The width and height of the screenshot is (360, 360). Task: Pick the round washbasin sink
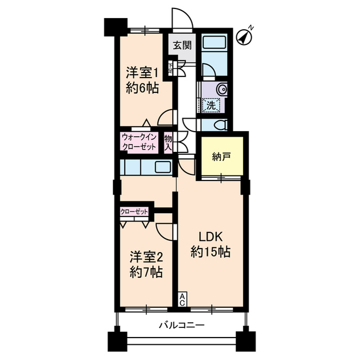220,89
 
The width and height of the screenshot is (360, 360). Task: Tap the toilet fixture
220,125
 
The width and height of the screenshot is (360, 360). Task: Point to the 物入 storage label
168,142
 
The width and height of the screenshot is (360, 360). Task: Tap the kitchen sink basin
163,167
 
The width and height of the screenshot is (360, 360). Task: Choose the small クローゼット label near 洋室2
134,212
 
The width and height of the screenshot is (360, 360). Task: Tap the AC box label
183,300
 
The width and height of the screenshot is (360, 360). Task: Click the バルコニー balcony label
181,325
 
